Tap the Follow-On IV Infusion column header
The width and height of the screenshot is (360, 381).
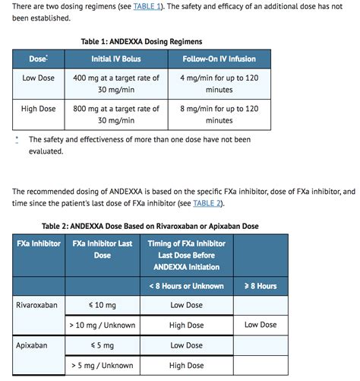click(x=219, y=59)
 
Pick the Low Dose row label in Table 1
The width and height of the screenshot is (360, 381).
click(x=39, y=78)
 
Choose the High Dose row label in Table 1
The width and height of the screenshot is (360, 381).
click(x=39, y=109)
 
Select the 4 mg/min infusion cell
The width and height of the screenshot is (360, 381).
click(x=219, y=84)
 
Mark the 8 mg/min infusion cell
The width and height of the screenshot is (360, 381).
click(x=219, y=114)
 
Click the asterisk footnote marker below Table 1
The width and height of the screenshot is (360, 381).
click(x=17, y=139)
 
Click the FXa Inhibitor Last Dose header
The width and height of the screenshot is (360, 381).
click(x=103, y=249)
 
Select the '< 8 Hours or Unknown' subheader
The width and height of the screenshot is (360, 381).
click(x=186, y=286)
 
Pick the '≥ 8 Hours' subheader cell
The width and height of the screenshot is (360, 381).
click(x=261, y=286)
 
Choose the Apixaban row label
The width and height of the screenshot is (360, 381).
click(x=32, y=345)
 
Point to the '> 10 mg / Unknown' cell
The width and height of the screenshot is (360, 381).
click(x=103, y=325)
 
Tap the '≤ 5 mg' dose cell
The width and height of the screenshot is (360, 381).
click(x=103, y=345)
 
